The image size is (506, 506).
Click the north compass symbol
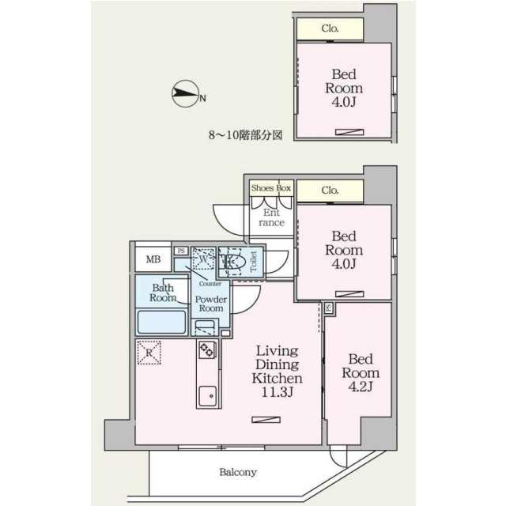(185, 93)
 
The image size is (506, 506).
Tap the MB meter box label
(153, 259)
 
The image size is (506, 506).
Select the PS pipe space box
(181, 251)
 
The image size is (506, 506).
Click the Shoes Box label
(271, 188)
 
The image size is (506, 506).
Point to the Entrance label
(271, 217)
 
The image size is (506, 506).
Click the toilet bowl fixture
(232, 262)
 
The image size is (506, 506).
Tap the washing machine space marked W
(203, 259)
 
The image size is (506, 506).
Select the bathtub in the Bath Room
(162, 322)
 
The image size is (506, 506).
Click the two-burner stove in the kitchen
(207, 349)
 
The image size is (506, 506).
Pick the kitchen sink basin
(207, 396)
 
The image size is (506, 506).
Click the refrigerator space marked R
(149, 353)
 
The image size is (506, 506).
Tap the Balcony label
(238, 472)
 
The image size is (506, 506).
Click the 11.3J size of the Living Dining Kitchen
(278, 392)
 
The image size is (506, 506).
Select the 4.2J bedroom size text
(361, 387)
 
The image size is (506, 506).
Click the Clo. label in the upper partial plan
(330, 28)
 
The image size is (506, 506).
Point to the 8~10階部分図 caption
(246, 134)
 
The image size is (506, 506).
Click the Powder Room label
(211, 304)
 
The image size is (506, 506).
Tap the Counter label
(210, 284)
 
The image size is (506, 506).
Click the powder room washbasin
(205, 327)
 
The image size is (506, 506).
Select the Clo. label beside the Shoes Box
(330, 191)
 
